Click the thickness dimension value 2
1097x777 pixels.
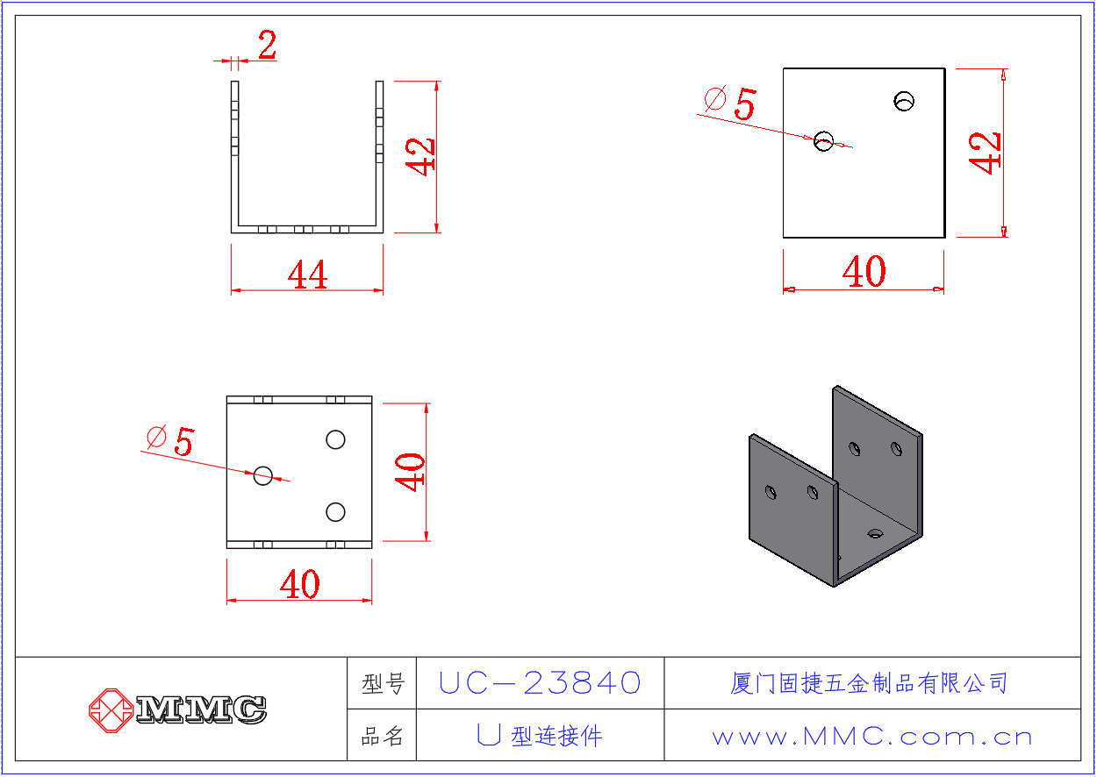268,45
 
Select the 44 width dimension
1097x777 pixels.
307,274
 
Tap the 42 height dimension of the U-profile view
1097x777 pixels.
419,157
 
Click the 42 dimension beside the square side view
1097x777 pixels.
985,153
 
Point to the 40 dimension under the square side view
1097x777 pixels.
864,272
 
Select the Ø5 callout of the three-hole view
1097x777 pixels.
170,441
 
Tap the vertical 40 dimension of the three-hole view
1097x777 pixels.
410,472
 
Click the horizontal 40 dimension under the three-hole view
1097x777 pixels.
300,584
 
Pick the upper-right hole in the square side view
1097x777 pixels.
904,101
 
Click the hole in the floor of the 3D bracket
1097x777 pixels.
875,533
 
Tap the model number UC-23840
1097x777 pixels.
540,683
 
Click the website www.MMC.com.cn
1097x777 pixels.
872,737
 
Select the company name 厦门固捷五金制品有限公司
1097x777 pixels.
869,683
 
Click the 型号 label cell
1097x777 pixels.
383,683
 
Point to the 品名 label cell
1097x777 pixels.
383,736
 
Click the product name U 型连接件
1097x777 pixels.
540,736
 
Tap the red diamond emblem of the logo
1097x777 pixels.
111,710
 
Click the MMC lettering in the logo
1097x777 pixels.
201,710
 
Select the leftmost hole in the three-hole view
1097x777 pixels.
263,475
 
